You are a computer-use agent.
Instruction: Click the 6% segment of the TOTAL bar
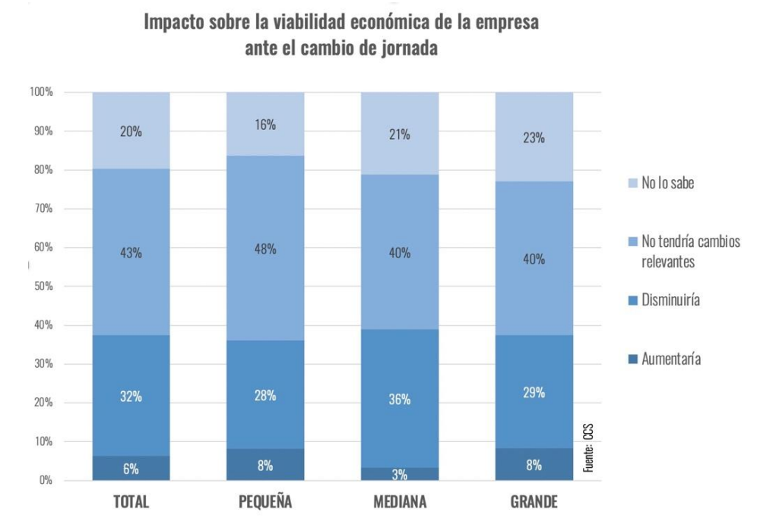[131, 468]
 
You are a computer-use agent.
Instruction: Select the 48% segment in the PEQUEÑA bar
[265, 248]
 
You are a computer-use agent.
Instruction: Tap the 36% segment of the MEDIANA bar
[400, 399]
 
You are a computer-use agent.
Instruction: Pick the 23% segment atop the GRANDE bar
[534, 137]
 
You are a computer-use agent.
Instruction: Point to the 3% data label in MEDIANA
[400, 475]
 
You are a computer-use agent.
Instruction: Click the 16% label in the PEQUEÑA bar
[265, 124]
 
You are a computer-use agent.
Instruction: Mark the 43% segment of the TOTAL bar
[131, 252]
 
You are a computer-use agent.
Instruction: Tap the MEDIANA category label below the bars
[400, 503]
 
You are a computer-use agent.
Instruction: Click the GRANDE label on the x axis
[534, 503]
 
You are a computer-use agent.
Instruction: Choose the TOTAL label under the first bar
[131, 503]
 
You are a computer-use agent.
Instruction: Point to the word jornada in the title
[401, 48]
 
